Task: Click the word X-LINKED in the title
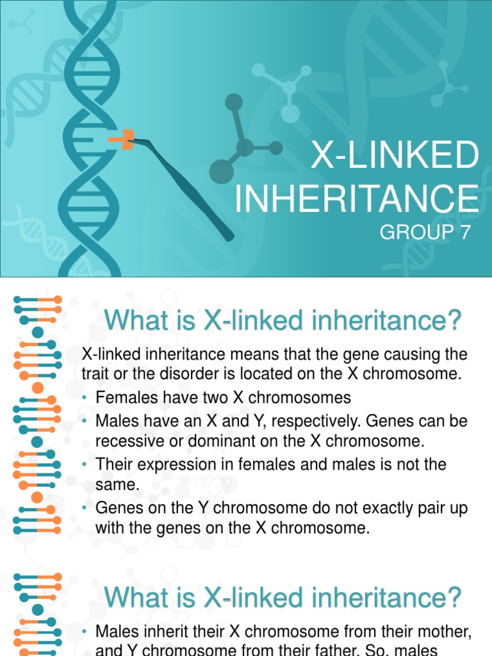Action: click(x=395, y=156)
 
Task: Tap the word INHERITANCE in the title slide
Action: click(x=356, y=199)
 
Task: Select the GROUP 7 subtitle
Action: click(x=425, y=232)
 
